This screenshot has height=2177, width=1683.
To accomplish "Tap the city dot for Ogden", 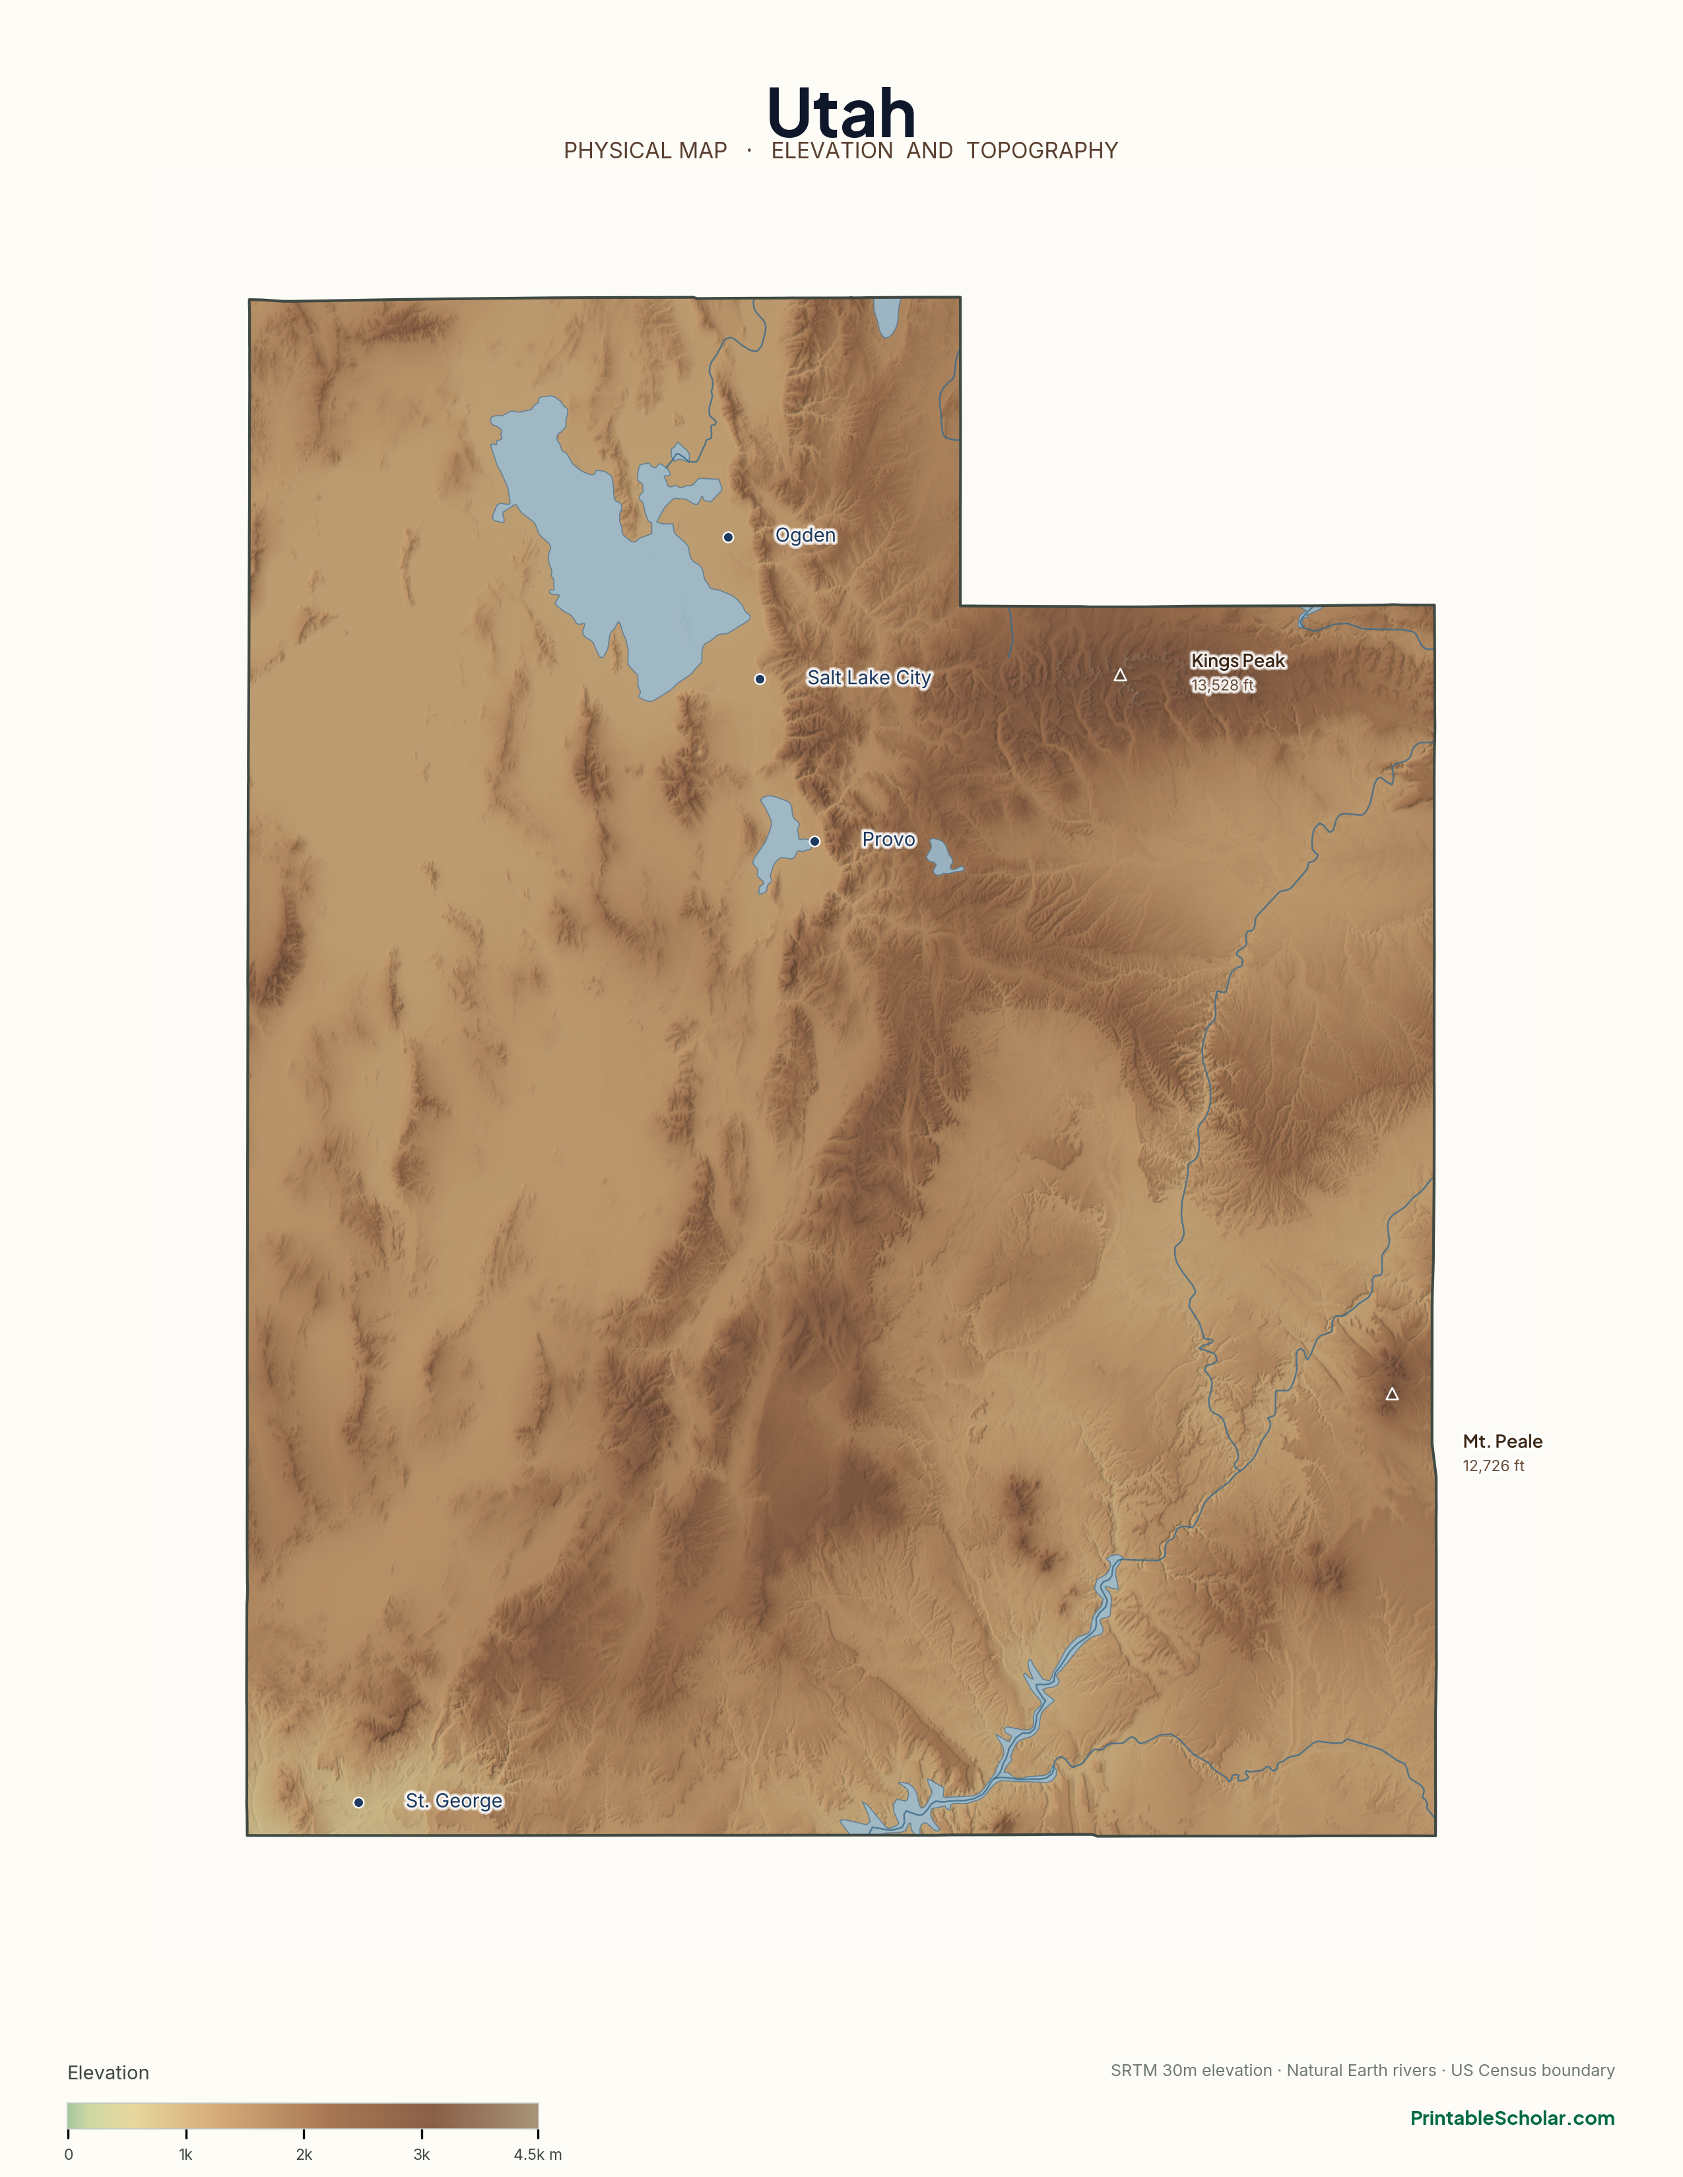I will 728,537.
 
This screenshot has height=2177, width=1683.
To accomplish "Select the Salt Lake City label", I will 869,678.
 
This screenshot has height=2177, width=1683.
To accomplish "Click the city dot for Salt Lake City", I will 760,679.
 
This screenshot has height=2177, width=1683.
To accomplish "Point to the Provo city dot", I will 814,841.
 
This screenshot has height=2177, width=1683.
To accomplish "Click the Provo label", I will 888,839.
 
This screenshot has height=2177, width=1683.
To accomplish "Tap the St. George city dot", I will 358,1802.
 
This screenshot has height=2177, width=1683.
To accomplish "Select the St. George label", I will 453,1800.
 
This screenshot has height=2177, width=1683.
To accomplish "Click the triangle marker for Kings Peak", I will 1119,675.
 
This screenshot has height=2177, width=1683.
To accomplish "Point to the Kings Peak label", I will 1237,661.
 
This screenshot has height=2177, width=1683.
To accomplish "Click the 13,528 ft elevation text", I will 1222,685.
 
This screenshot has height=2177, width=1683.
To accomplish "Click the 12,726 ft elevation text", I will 1492,1465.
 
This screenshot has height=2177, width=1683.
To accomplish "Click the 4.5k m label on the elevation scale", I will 537,2154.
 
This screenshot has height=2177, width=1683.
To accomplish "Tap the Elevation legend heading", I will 108,2072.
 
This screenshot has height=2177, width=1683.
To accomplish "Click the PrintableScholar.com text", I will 1511,2118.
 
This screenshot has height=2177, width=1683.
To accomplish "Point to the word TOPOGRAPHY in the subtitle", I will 1042,150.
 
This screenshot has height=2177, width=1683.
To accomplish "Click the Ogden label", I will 806,535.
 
